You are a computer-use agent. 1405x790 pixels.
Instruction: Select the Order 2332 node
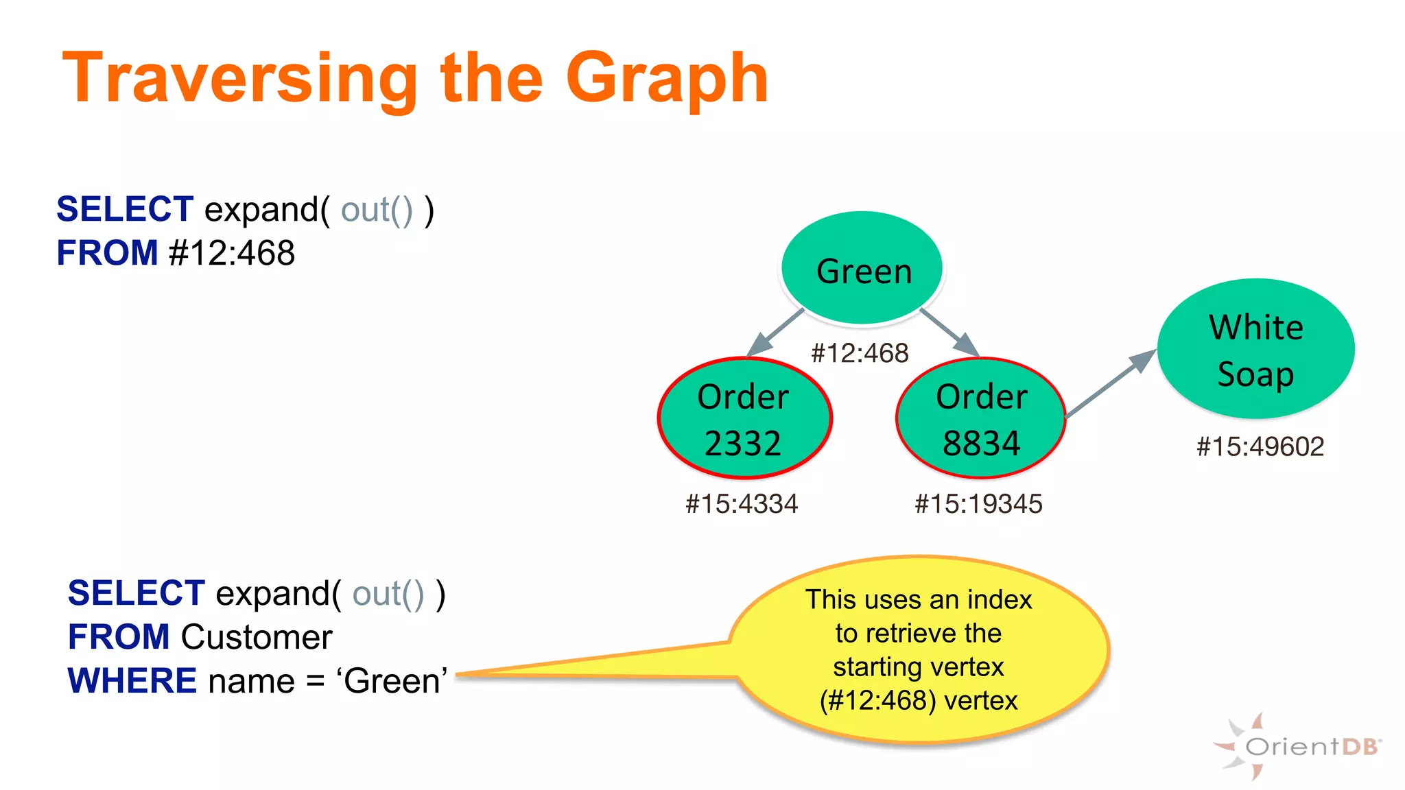pos(744,418)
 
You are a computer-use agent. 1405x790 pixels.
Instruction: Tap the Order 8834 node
pos(981,418)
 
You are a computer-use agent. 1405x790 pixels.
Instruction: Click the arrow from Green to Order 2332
pos(775,333)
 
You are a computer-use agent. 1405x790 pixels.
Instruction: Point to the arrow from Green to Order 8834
pos(950,333)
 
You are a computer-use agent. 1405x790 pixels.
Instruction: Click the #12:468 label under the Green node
pos(860,354)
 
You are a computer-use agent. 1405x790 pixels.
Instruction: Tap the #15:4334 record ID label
pos(742,504)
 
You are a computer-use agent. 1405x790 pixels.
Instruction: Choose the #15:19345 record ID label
pos(978,504)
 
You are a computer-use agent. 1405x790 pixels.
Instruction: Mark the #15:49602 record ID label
pos(1260,447)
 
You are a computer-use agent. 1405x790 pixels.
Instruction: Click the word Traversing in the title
pos(240,79)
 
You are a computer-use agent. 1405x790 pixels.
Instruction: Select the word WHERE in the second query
pos(132,681)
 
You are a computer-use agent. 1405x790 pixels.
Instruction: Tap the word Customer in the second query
pos(257,637)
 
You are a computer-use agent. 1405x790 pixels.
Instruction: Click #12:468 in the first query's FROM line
pos(232,253)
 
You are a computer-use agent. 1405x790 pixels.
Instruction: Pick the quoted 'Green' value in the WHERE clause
pos(392,681)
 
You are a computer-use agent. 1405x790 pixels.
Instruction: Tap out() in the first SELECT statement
pos(377,210)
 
